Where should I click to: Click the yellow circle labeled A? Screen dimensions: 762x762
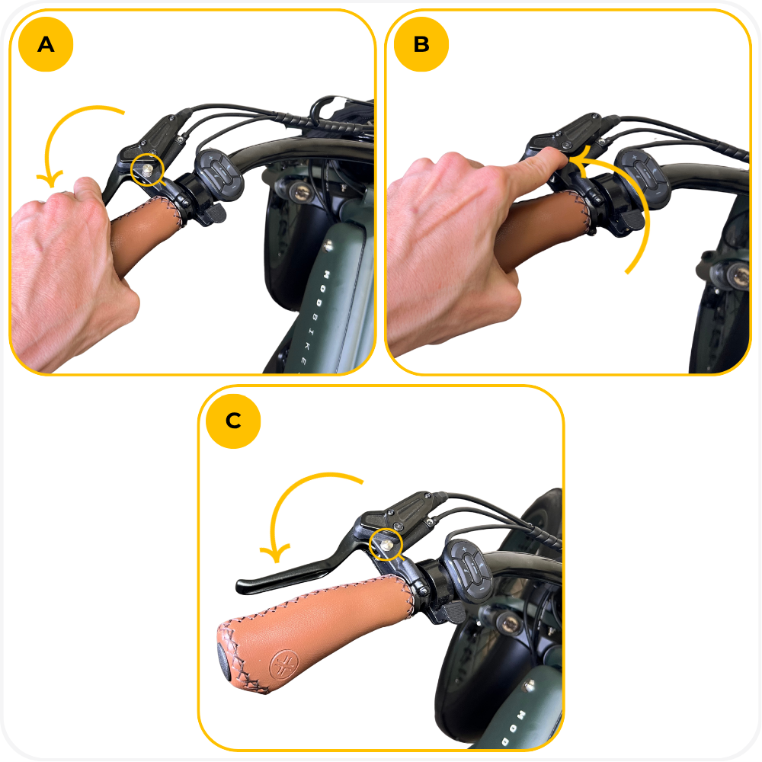pos(46,44)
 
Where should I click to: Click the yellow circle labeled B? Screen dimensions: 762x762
pos(421,44)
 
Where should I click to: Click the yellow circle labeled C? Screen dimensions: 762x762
pos(233,421)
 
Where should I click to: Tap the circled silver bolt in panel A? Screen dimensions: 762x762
pos(147,169)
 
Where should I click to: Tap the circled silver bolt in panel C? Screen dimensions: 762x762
pos(386,545)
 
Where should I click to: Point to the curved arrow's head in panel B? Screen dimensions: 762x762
pos(581,159)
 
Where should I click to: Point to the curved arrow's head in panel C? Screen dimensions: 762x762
pos(275,553)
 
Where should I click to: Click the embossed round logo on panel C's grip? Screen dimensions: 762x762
pos(283,664)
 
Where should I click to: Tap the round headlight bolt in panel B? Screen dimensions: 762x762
pos(738,276)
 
